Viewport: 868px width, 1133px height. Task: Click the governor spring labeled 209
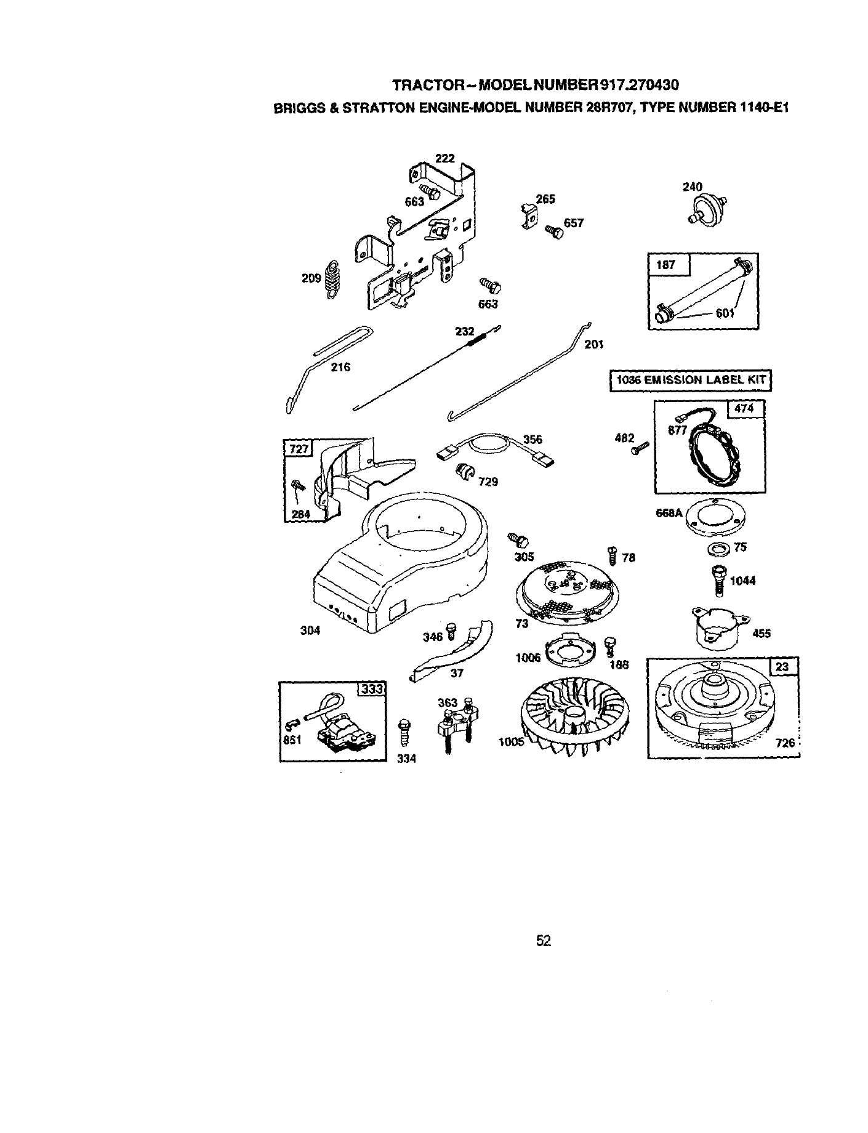(333, 280)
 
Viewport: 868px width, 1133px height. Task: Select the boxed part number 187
(666, 265)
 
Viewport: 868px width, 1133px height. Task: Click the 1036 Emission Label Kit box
(689, 380)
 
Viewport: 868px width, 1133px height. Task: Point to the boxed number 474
(746, 409)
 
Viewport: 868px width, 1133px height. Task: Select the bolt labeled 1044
(718, 579)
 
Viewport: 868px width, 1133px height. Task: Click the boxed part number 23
(782, 666)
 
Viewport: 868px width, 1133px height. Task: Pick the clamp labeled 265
(529, 216)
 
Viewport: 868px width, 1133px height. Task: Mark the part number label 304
(310, 630)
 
